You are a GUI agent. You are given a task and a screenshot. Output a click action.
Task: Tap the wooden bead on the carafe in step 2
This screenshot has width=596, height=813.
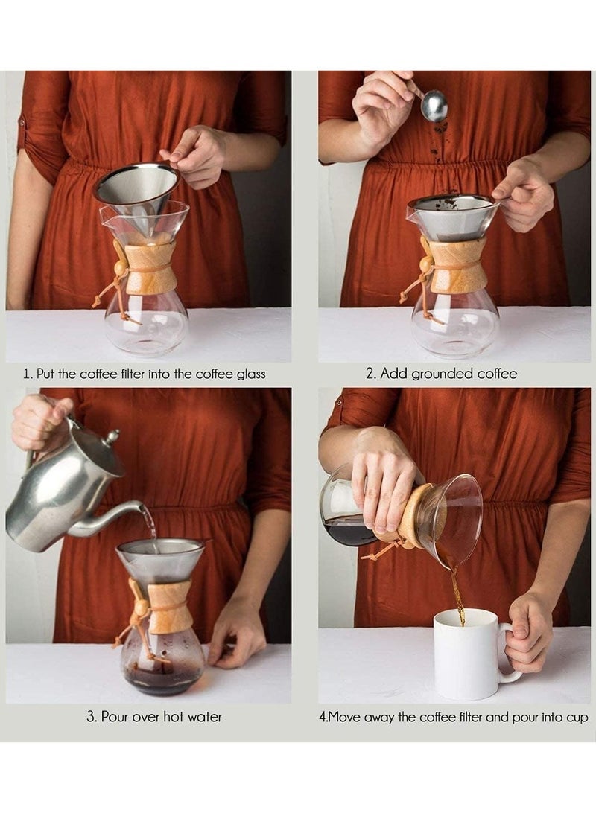pos(426,264)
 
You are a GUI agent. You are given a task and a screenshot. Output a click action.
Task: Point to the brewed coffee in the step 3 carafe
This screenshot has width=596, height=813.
pos(162,678)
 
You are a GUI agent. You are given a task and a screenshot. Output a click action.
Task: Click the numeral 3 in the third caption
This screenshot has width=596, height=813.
pos(91,718)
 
